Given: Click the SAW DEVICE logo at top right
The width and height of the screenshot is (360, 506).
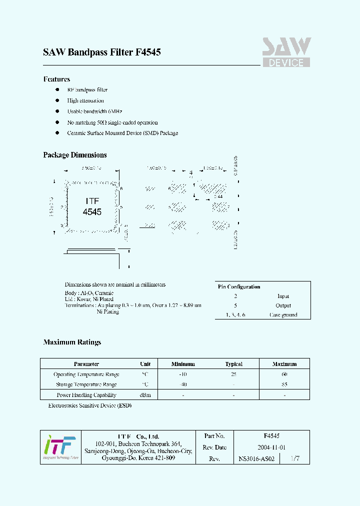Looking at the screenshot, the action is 286,52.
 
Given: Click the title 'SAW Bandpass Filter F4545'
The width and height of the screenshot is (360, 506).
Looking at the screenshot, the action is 101,52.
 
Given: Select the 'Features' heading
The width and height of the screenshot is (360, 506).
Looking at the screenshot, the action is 56,79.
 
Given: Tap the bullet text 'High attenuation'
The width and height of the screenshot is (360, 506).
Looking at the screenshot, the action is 85,100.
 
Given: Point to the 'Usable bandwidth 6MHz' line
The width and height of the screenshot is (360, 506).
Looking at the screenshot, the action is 94,111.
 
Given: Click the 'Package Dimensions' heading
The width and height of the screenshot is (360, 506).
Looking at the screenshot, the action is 75,155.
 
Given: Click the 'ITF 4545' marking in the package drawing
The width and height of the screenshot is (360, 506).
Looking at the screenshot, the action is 92,206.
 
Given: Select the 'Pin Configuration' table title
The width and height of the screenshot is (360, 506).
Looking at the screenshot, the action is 239,286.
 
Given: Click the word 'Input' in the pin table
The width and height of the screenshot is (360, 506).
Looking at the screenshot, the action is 283,296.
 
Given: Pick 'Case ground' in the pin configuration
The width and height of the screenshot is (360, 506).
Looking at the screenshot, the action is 283,315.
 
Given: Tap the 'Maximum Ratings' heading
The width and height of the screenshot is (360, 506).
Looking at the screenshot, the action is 72,342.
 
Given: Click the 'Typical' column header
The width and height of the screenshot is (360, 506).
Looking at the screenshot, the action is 233,364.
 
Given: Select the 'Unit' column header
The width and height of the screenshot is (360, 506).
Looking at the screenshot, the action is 145,364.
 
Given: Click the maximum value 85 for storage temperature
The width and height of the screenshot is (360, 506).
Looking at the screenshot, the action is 284,384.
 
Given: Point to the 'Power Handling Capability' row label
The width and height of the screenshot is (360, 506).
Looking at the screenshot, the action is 86,395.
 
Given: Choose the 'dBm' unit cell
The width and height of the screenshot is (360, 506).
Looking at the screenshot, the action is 145,395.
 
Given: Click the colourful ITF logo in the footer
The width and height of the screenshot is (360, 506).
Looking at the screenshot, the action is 60,446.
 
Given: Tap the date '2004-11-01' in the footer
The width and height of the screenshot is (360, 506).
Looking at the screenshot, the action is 271,447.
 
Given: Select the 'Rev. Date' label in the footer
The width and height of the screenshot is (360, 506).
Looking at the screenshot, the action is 215,447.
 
